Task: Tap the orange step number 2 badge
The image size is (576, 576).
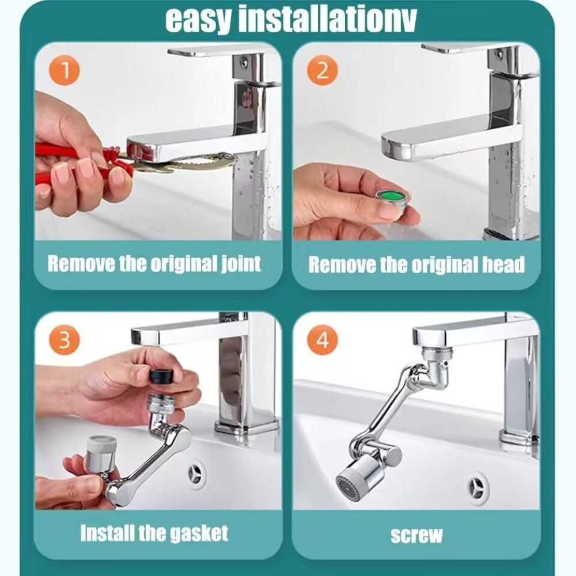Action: (323, 72)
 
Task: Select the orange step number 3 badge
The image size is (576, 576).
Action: (65, 340)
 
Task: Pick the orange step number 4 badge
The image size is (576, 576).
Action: (323, 340)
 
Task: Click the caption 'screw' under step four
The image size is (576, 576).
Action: (417, 535)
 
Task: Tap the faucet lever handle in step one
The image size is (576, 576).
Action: (216, 51)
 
